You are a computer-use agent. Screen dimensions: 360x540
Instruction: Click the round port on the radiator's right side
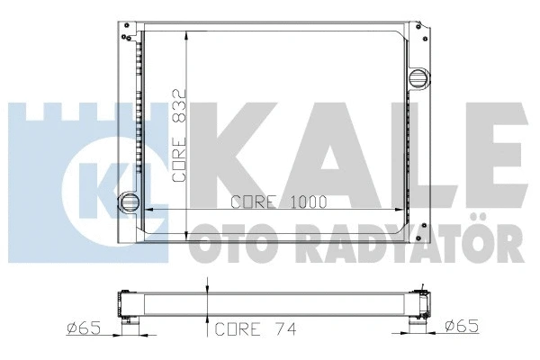(419, 78)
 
